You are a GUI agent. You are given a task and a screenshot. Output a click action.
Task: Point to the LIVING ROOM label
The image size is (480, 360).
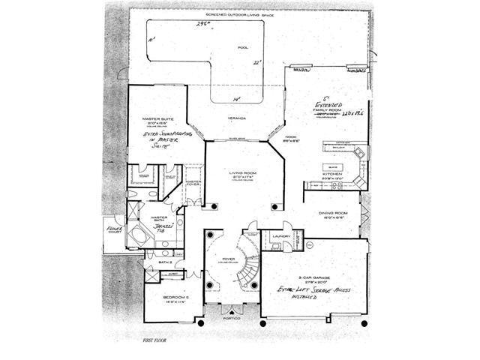tap(244, 173)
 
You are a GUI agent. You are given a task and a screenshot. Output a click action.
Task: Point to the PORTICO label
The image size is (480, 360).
tap(232, 318)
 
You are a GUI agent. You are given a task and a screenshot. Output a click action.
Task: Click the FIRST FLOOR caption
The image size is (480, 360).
tap(153, 340)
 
